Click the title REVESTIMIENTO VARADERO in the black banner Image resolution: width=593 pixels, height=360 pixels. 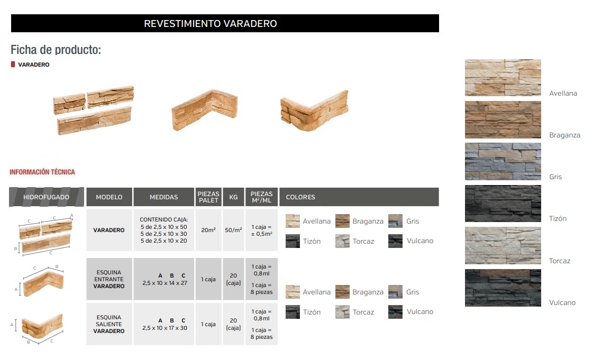[x=210, y=23]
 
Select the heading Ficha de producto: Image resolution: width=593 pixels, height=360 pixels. [x=56, y=50]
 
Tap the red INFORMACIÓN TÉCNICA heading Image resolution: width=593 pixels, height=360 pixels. [x=42, y=172]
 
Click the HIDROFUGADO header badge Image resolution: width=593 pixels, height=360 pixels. [x=46, y=197]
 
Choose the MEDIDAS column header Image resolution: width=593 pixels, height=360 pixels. [x=164, y=197]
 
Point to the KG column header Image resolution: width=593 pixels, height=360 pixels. [x=233, y=197]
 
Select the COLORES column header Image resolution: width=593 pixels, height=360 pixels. [x=300, y=197]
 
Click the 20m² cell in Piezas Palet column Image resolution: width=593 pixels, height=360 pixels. [x=208, y=229]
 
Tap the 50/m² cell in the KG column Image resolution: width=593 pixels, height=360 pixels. [x=233, y=229]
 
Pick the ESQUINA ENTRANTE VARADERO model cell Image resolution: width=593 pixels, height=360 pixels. [x=109, y=279]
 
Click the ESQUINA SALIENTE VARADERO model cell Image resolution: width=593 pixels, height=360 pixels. [x=109, y=324]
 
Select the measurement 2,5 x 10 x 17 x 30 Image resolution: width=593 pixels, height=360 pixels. [x=165, y=328]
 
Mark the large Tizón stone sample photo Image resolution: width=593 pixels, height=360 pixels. [x=503, y=203]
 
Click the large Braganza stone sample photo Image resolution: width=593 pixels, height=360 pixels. [x=503, y=119]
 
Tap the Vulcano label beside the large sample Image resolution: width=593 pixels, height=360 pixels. [x=562, y=302]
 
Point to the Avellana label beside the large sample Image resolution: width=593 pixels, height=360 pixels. [x=563, y=94]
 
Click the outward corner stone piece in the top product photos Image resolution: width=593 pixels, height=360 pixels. [x=314, y=110]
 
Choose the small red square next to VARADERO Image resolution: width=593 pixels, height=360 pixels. [x=13, y=64]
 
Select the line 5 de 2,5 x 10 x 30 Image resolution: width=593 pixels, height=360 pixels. [x=164, y=234]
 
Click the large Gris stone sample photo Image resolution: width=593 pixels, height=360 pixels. [x=503, y=161]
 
